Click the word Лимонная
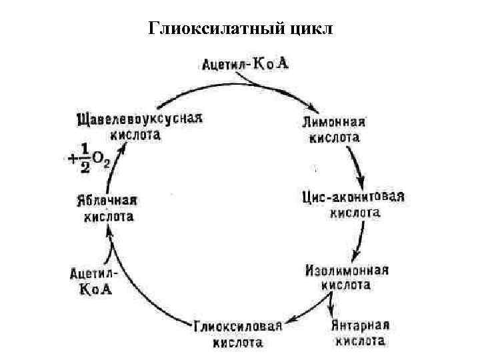click(x=333, y=123)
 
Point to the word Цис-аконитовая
click(x=353, y=198)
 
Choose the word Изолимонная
click(x=347, y=271)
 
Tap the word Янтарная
click(x=360, y=326)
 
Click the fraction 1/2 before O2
click(x=84, y=158)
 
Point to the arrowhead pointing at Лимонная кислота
click(x=310, y=107)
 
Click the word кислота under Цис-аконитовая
click(x=355, y=213)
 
